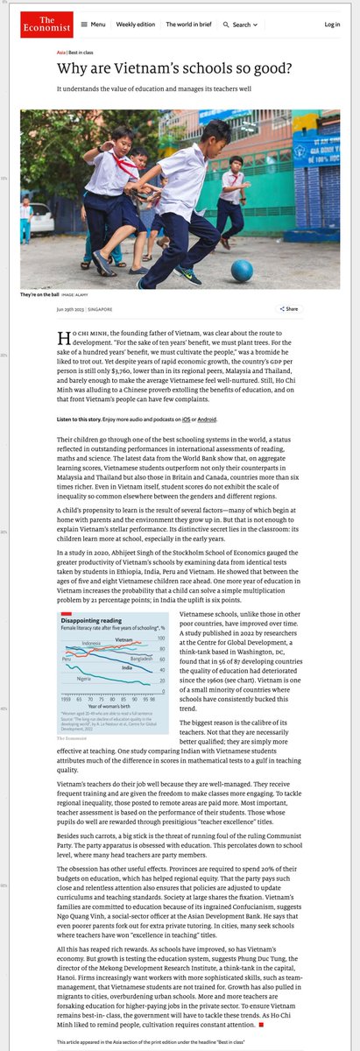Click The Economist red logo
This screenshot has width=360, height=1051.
pyautogui.click(x=36, y=25)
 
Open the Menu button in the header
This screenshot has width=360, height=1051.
pyautogui.click(x=95, y=25)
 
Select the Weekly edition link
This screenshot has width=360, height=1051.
pyautogui.click(x=136, y=25)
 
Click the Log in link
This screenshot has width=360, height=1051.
pyautogui.click(x=332, y=25)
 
